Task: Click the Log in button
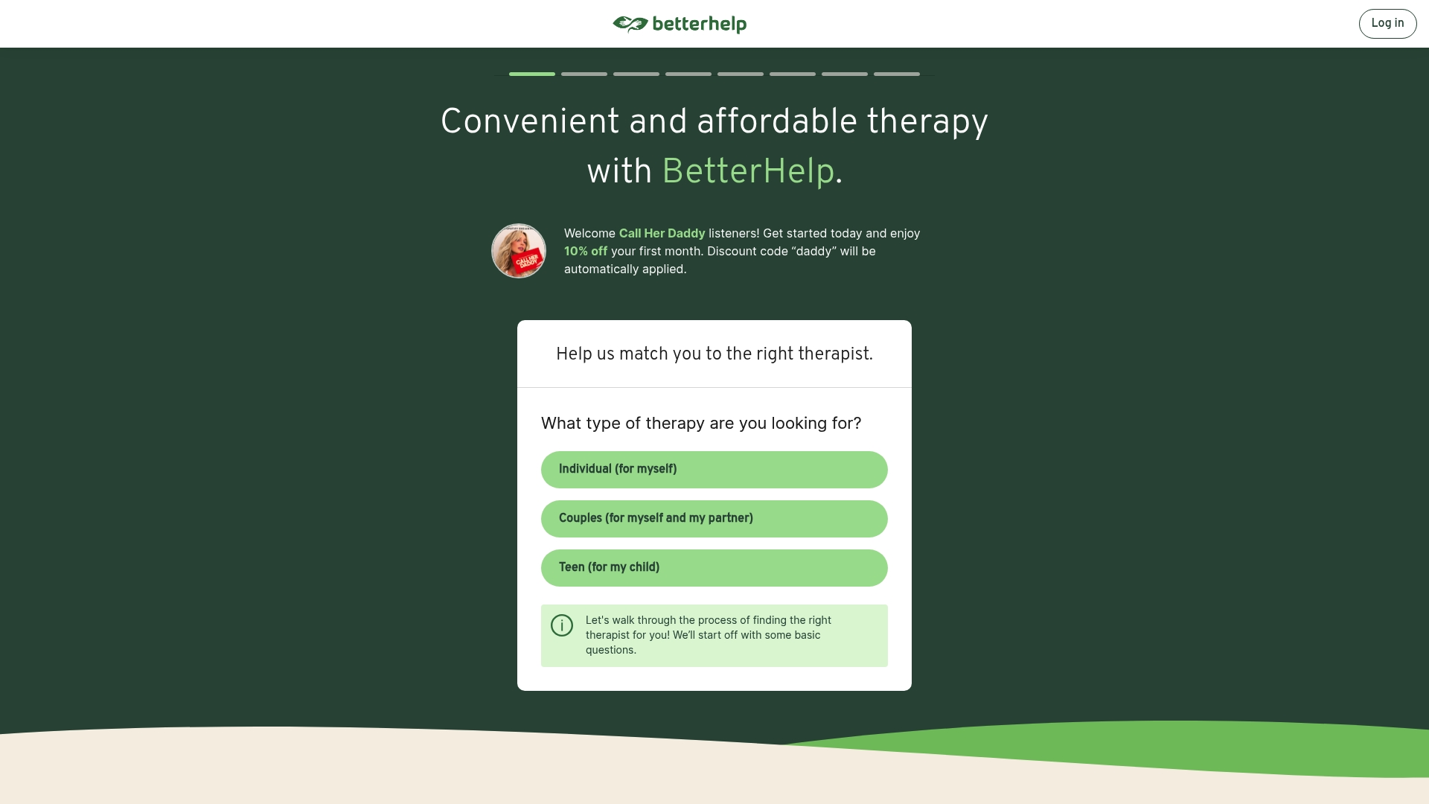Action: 1387,24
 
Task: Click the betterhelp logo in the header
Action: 680,25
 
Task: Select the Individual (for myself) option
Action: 714,470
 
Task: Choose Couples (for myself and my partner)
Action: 714,519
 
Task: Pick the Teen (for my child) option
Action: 714,568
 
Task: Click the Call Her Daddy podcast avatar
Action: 519,251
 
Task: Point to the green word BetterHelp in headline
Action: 748,172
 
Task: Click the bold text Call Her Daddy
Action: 662,234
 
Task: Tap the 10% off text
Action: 586,252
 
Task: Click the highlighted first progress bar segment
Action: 532,74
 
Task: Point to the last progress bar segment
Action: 897,74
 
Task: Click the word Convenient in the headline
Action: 530,121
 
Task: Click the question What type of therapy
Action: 701,424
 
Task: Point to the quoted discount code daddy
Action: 814,252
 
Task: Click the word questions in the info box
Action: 610,651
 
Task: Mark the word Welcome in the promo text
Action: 589,234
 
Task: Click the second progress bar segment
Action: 584,74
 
